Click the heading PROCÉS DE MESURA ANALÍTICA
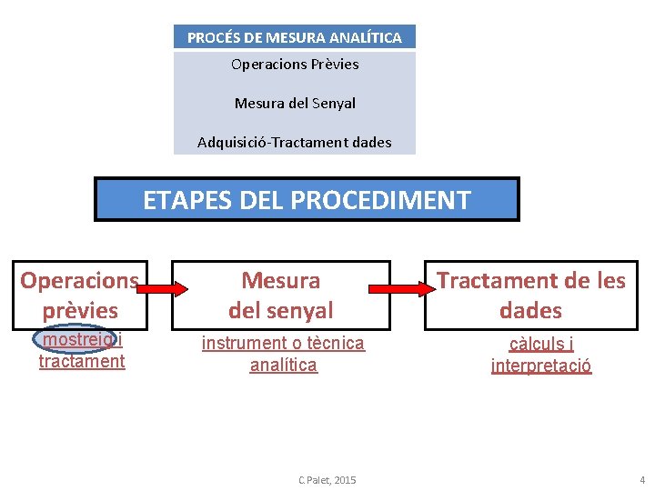(x=294, y=37)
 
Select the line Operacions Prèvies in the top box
(x=295, y=65)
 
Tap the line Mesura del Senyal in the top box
(x=295, y=103)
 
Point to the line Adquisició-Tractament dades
(x=295, y=142)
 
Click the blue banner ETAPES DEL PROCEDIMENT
(x=307, y=199)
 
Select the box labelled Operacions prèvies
(x=80, y=295)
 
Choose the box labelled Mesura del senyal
(x=281, y=295)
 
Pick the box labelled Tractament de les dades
(x=531, y=295)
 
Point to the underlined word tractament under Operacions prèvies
(x=82, y=361)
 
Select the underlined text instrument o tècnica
(x=283, y=343)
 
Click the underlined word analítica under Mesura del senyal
(x=284, y=365)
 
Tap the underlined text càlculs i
(x=541, y=344)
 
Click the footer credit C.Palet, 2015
(x=327, y=479)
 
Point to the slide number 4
(x=641, y=479)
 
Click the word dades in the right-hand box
(x=531, y=310)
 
